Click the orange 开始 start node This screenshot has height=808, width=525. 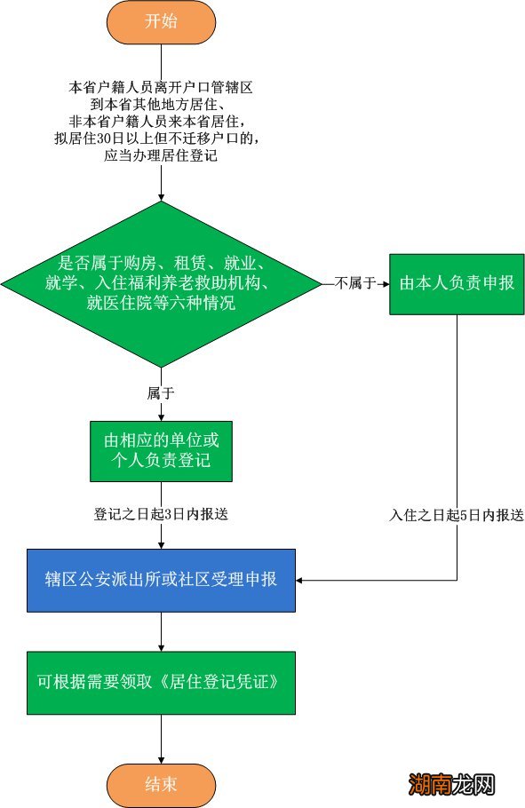(161, 22)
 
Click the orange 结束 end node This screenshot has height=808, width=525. (161, 784)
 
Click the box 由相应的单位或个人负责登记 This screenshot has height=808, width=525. (161, 451)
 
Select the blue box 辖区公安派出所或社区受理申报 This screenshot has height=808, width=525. (161, 580)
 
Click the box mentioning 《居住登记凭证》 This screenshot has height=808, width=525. (161, 682)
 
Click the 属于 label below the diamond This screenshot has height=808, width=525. (161, 392)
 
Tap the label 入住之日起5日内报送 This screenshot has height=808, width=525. (457, 514)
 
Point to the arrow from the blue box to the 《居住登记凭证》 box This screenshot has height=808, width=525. (161, 631)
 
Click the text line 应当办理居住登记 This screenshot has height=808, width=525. (161, 156)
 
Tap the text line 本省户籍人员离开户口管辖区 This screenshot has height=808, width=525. (161, 88)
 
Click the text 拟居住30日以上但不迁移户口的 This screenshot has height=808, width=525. (161, 139)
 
